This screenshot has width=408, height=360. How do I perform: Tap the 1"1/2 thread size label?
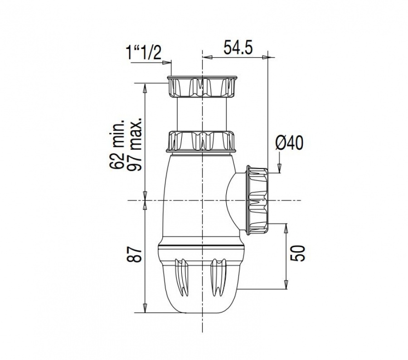143,53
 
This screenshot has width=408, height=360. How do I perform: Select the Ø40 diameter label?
289,143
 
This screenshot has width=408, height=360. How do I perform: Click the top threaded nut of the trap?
202,87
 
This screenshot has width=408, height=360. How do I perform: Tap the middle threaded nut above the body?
202,141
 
